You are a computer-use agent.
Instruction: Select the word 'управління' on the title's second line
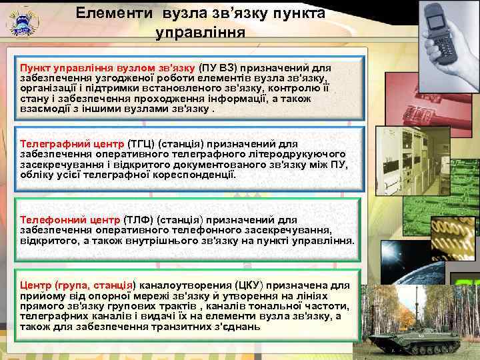click(x=200, y=32)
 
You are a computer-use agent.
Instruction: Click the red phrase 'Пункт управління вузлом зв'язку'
click(x=107, y=68)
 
